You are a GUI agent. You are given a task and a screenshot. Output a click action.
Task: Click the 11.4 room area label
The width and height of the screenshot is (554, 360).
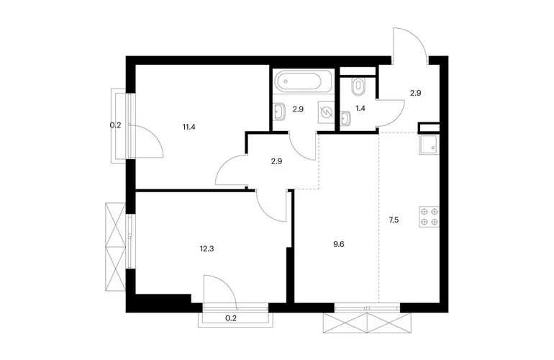189,127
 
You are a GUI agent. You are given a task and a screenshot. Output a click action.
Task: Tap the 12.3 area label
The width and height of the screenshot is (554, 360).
206,248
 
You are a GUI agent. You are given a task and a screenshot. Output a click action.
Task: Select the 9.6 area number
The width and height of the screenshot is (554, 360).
338,244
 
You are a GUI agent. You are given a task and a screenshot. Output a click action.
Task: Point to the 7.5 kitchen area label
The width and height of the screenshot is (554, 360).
394,220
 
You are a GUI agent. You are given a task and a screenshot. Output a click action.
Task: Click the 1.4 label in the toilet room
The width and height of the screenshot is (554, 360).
360,108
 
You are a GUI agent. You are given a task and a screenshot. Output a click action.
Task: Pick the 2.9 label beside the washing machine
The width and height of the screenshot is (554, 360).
298,109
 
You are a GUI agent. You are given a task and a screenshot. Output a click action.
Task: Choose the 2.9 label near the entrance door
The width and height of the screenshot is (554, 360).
416,94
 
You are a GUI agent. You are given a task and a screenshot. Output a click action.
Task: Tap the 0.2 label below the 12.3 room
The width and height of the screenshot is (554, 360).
231,318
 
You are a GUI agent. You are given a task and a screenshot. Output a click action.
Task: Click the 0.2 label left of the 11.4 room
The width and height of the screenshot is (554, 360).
116,125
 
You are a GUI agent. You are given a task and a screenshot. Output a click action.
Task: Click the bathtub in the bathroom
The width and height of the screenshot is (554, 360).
304,81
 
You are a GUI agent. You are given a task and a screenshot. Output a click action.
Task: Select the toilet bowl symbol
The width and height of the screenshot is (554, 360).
358,86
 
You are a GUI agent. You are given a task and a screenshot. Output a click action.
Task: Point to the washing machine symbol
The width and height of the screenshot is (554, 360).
326,112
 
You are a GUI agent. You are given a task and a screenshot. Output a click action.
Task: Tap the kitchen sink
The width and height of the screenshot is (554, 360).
430,145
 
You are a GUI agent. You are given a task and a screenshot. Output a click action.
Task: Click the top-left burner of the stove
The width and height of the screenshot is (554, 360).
424,212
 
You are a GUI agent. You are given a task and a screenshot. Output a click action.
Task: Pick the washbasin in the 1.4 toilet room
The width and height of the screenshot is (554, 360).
345,118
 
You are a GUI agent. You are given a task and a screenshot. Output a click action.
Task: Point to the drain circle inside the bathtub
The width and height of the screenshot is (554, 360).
286,81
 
